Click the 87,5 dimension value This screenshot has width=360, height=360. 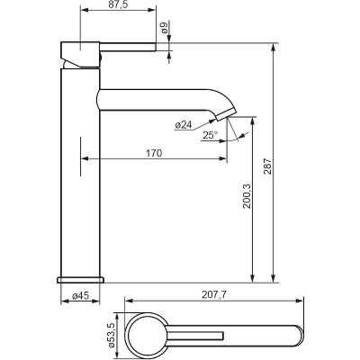118,4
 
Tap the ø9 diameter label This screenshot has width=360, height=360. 164,28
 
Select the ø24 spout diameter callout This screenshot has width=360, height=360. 183,125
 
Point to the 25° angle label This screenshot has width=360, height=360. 210,135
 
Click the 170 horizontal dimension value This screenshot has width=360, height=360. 154,153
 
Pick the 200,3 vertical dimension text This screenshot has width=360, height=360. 247,196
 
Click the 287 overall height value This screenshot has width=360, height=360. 267,167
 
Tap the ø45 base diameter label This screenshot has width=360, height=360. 81,296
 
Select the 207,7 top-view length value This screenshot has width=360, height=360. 214,295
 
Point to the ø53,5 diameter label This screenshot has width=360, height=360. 112,336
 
